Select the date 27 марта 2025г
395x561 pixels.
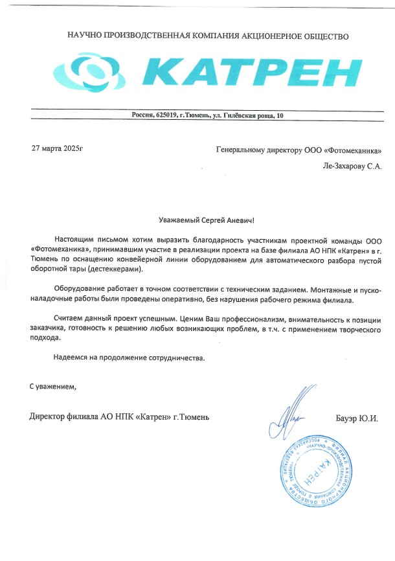58,149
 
